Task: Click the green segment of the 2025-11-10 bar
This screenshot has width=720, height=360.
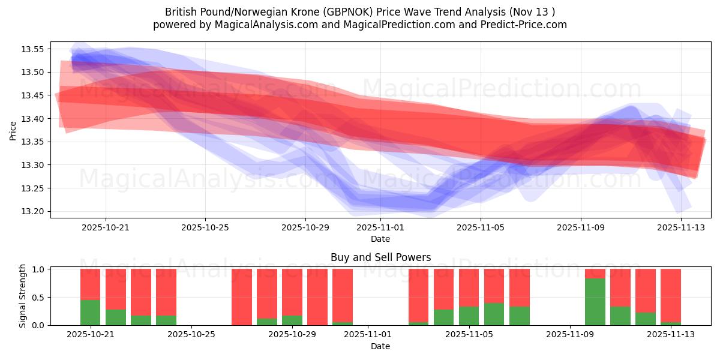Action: (595, 302)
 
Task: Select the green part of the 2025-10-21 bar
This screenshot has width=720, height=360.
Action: (90, 312)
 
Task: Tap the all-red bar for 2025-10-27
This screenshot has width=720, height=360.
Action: (242, 297)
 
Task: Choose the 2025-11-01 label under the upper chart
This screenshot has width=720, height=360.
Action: (380, 227)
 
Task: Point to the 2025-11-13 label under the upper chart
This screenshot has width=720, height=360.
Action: (680, 227)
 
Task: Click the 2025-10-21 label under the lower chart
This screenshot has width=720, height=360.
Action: (90, 335)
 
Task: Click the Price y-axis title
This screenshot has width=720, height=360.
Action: (13, 130)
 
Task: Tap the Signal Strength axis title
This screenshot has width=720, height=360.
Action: (23, 296)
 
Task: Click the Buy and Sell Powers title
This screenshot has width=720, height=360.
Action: (380, 257)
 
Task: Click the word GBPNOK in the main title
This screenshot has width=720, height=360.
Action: (343, 12)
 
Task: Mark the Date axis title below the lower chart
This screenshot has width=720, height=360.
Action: (380, 346)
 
